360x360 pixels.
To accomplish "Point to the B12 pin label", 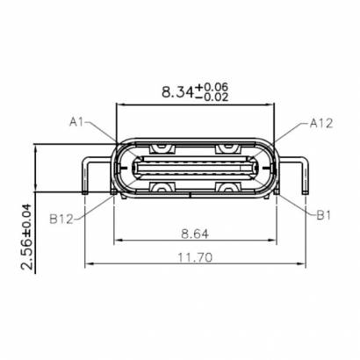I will pyautogui.click(x=62, y=215).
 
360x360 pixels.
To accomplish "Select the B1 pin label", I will pyautogui.click(x=324, y=212).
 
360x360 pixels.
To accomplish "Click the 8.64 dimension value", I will pyautogui.click(x=195, y=234).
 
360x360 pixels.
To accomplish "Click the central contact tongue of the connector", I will pyautogui.click(x=195, y=167).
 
